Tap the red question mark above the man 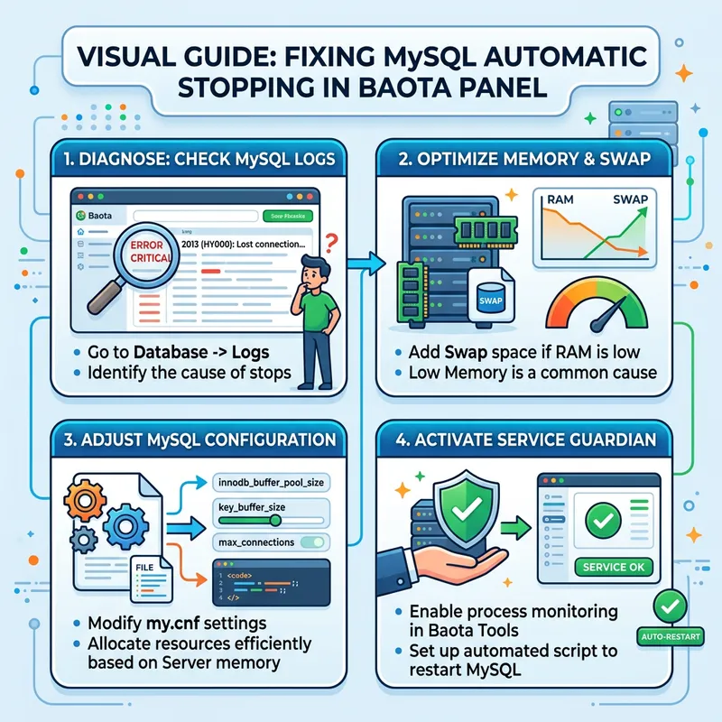click(x=329, y=242)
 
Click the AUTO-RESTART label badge click(x=670, y=633)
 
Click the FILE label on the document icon click(x=146, y=568)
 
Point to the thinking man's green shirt click(x=315, y=301)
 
